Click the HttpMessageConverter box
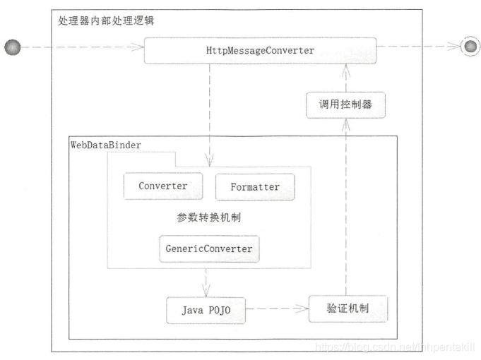click(x=259, y=50)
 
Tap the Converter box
click(x=162, y=186)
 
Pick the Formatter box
click(x=255, y=187)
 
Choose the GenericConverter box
click(x=208, y=249)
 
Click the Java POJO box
click(x=206, y=311)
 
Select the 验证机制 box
click(x=348, y=309)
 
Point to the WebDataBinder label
click(x=106, y=145)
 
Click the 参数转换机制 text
click(x=208, y=218)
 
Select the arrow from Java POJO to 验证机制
click(x=278, y=309)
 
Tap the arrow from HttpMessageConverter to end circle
click(x=417, y=47)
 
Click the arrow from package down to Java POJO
click(x=207, y=282)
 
